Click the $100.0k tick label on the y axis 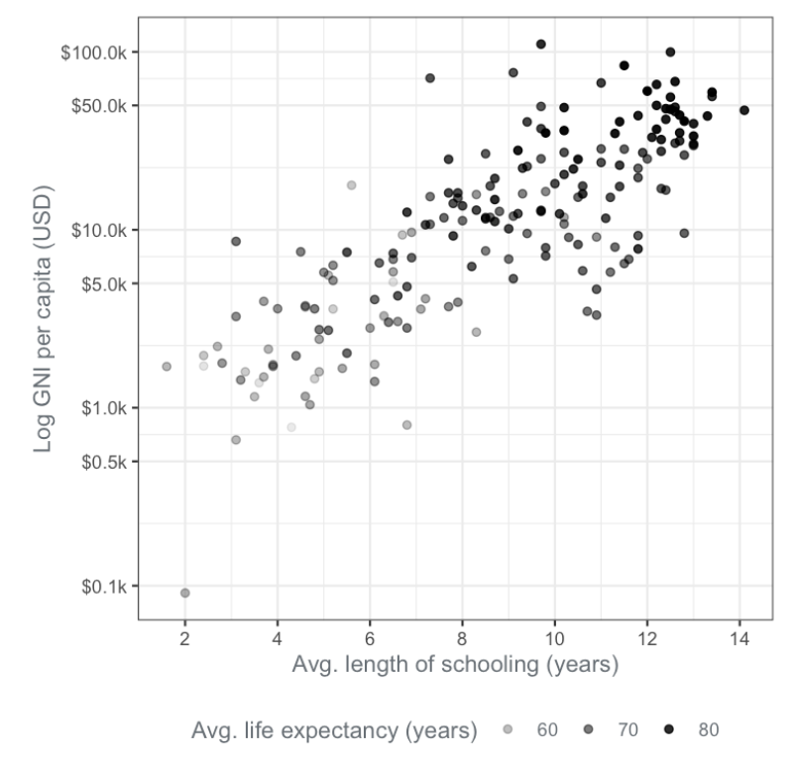point(94,53)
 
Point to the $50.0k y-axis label point(99,106)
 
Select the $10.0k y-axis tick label point(99,231)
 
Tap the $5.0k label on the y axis point(104,284)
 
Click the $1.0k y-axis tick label point(104,408)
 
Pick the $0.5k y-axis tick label point(104,462)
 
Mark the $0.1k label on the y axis point(104,587)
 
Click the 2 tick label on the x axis point(185,639)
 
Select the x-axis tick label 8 point(462,639)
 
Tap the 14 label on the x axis point(740,639)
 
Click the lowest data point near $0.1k point(185,593)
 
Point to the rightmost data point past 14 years point(744,110)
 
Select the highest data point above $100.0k point(541,45)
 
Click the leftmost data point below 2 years point(167,366)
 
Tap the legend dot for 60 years point(508,729)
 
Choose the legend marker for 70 point(588,729)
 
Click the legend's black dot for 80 point(669,729)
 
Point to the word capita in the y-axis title point(43,287)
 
